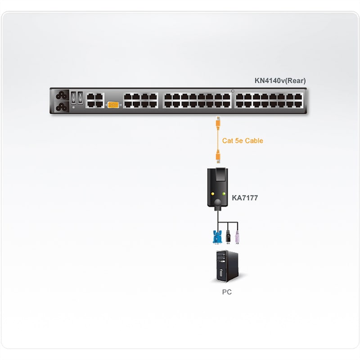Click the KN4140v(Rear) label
point(280,81)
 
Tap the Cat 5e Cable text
point(243,140)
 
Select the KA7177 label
point(245,198)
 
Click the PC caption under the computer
point(227,292)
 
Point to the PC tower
point(227,266)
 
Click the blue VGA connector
point(217,237)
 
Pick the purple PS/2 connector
point(238,237)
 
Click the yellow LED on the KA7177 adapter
point(212,194)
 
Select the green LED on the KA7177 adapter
point(224,194)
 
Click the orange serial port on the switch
point(113,105)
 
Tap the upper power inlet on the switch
point(62,95)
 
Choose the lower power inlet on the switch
point(62,107)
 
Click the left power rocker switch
point(73,97)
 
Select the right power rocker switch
point(80,97)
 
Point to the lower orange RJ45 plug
point(218,157)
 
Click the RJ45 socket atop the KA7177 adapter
point(221,174)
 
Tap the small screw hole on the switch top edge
point(233,91)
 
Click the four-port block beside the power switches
point(95,100)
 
